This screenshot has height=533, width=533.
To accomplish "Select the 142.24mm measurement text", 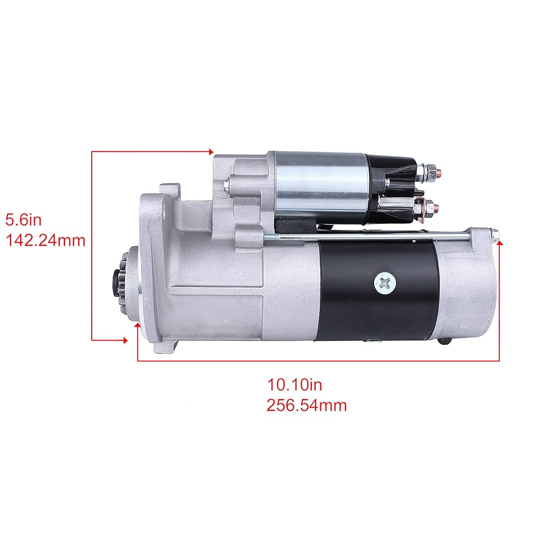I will pos(45,240).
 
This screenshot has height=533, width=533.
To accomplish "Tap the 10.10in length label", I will pos(295,384).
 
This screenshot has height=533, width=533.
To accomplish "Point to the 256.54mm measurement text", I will pos(306,405).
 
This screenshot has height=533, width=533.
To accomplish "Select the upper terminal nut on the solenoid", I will pos(433,171).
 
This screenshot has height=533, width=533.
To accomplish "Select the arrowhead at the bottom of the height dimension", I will pos(125,340).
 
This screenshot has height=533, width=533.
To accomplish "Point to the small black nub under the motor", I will pos(446,342).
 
